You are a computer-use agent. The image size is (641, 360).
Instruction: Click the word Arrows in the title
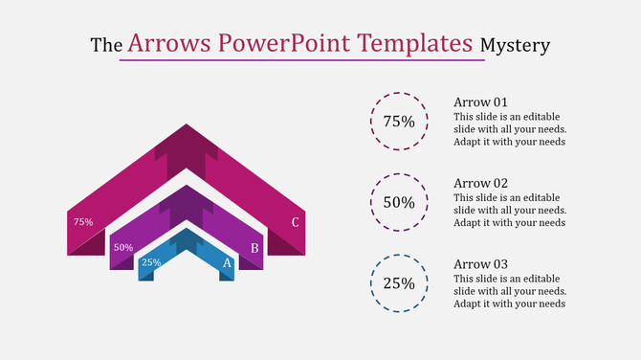click(x=169, y=43)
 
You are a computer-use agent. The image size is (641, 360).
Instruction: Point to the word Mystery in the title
click(x=515, y=45)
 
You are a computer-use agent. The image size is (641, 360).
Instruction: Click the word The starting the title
click(x=105, y=45)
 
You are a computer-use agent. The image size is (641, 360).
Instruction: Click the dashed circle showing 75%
click(x=399, y=122)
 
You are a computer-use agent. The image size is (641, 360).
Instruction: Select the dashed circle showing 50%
click(x=399, y=202)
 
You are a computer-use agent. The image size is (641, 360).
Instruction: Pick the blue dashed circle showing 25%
click(x=399, y=282)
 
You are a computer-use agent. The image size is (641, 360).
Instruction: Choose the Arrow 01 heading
click(x=480, y=102)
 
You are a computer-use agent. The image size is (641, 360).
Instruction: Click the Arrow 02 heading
click(x=480, y=183)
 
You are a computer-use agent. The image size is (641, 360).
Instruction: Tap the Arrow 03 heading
click(x=480, y=264)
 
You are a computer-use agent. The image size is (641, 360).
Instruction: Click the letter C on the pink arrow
click(x=296, y=223)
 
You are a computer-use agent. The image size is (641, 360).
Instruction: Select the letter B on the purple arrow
click(x=254, y=248)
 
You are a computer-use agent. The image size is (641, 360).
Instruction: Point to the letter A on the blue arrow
click(x=227, y=262)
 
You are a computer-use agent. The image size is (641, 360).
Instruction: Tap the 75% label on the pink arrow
click(x=83, y=222)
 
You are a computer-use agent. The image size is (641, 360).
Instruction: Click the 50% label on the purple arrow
click(x=123, y=247)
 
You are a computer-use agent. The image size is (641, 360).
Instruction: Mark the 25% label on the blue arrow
click(x=151, y=262)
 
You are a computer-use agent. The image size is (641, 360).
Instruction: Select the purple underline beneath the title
click(x=301, y=60)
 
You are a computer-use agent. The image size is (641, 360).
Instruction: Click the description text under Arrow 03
click(x=510, y=291)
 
